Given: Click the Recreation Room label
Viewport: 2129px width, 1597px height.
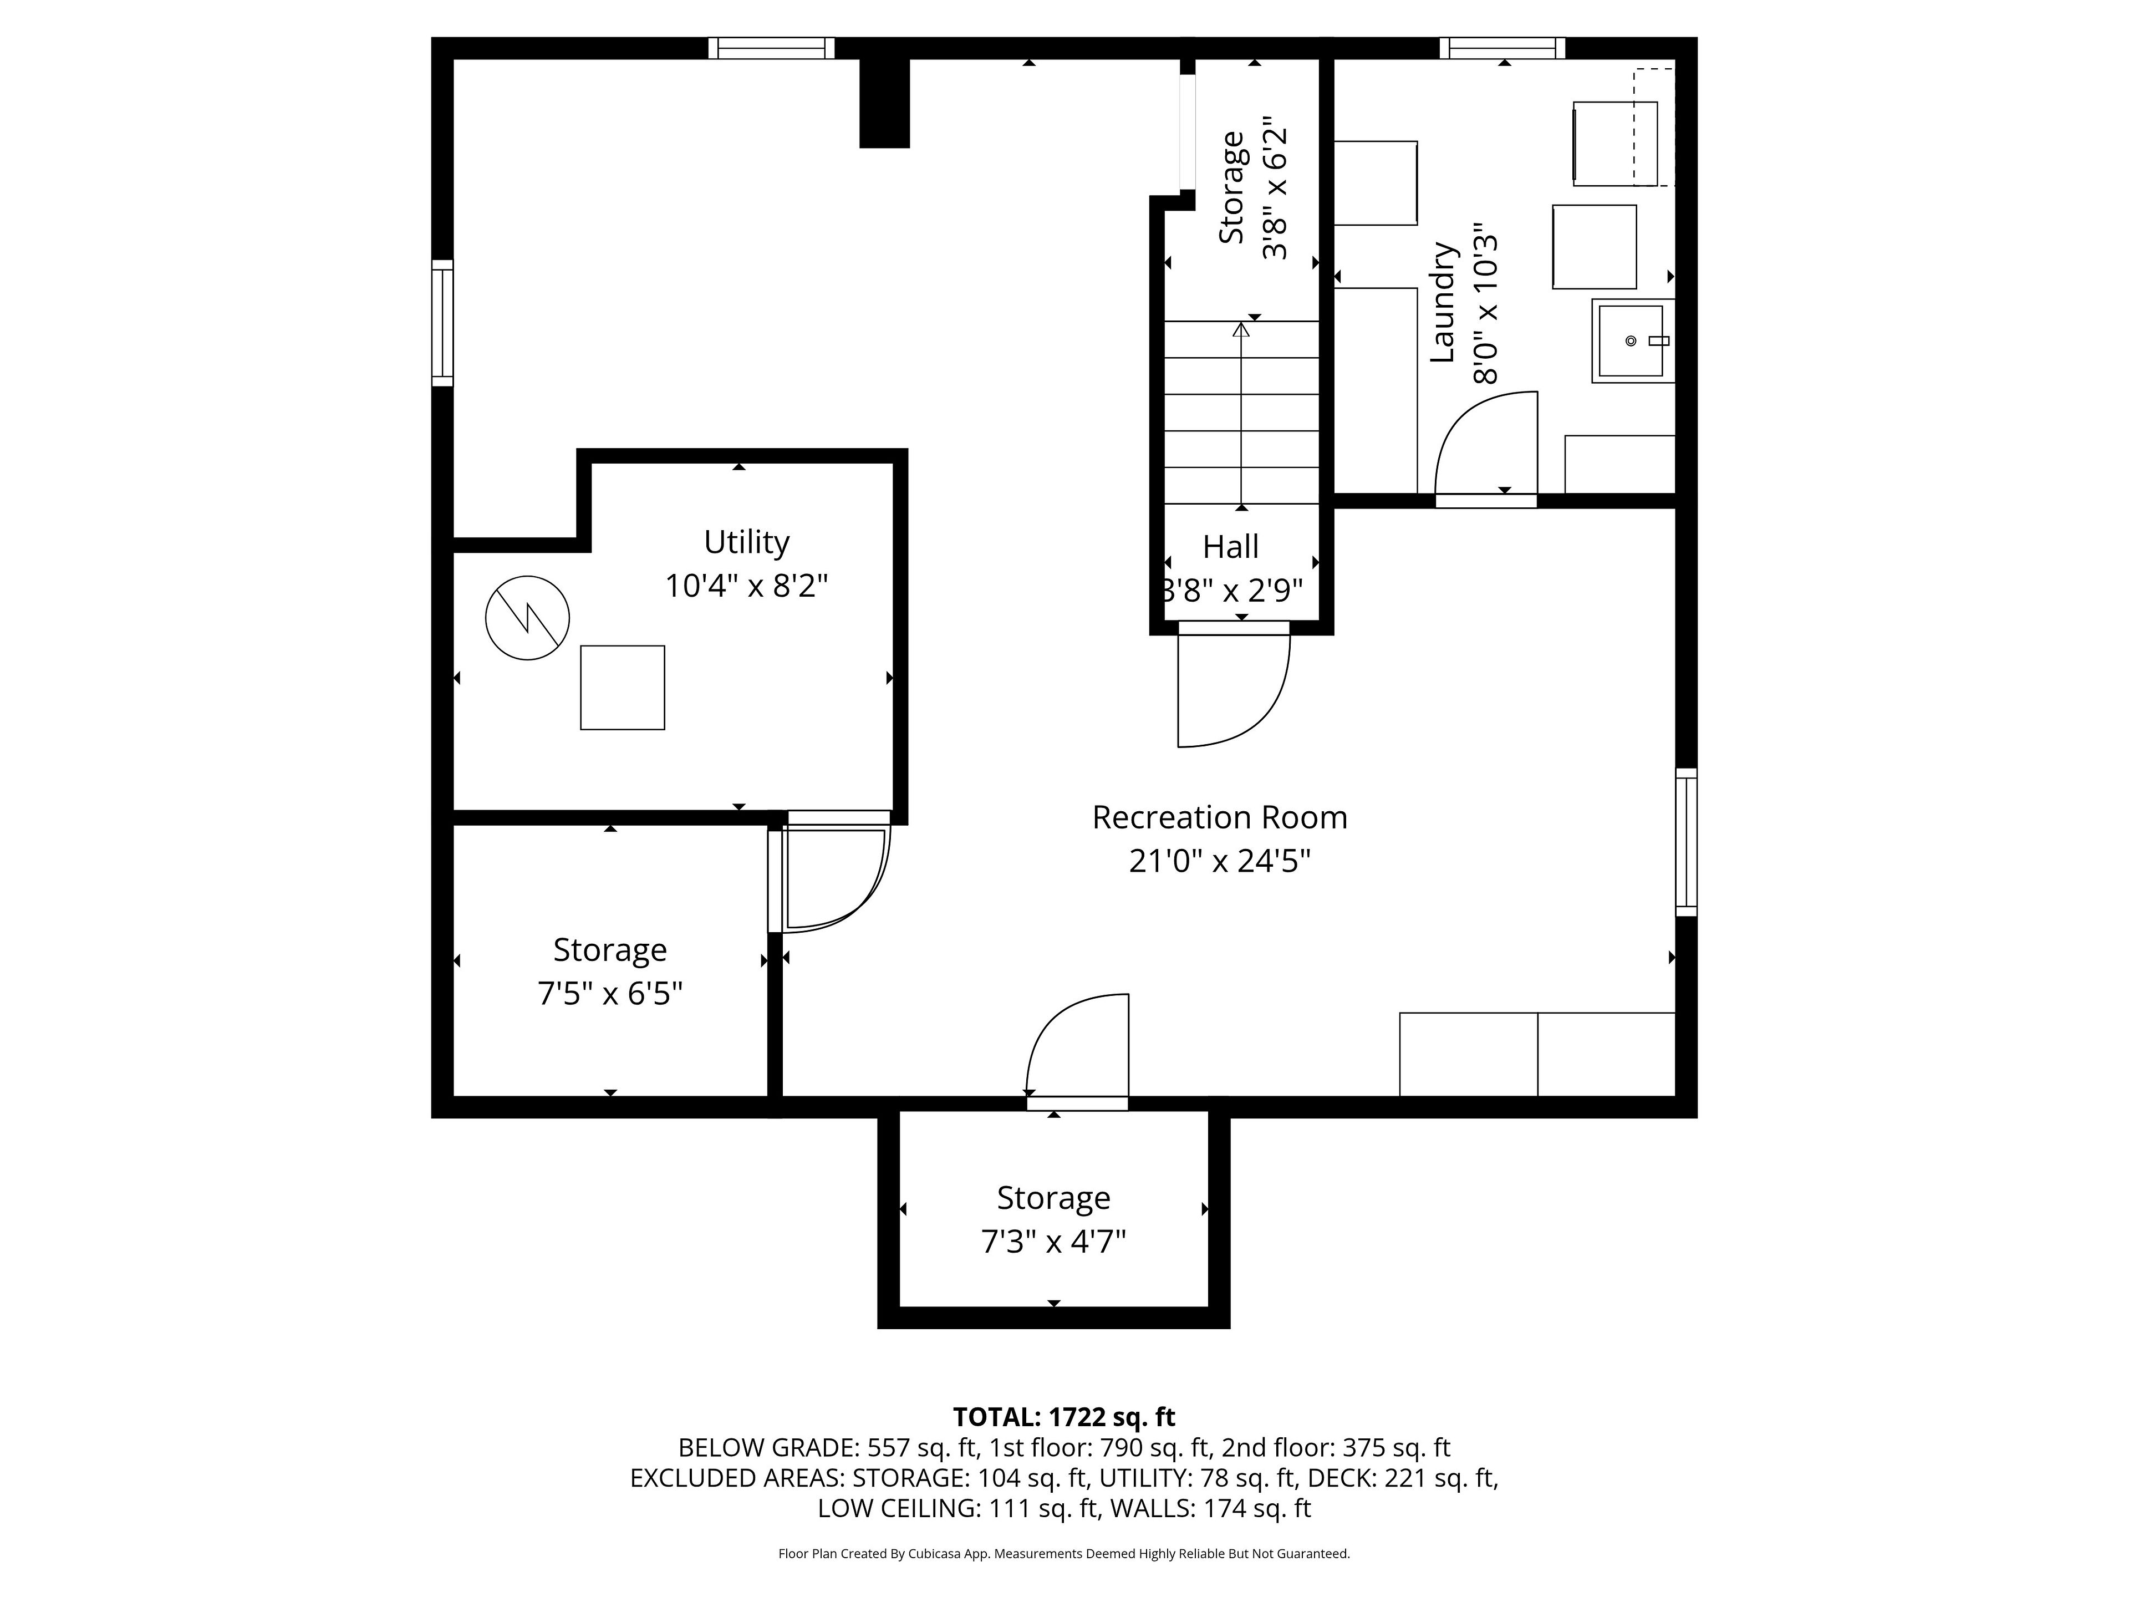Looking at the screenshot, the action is click(1219, 817).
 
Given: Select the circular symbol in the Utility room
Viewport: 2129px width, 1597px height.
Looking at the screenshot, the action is click(527, 618).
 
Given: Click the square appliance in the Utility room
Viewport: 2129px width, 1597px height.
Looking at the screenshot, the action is click(622, 687).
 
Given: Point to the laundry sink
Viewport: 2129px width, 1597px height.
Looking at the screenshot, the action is click(1632, 341).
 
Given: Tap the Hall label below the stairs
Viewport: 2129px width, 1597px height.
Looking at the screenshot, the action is click(1230, 547).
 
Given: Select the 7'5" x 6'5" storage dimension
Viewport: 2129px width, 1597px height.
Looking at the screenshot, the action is click(610, 993).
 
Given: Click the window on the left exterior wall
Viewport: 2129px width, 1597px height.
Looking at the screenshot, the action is click(442, 323).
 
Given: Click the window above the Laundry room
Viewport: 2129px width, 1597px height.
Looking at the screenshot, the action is click(1502, 48).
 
